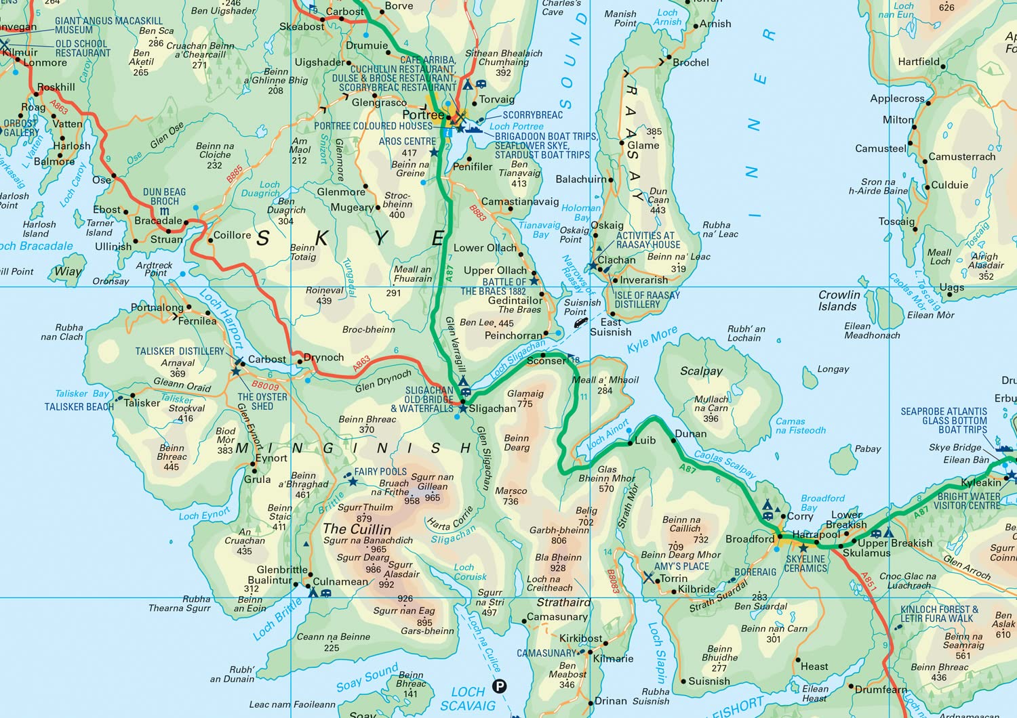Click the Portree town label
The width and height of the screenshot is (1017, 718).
point(423,114)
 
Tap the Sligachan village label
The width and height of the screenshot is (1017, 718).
point(492,408)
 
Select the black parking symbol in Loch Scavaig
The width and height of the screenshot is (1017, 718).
point(499,686)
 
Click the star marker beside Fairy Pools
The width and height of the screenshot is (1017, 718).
point(353,481)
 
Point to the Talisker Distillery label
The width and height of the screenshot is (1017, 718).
point(180,351)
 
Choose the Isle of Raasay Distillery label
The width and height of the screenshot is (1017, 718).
point(647,299)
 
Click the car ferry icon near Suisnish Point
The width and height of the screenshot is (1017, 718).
point(580,323)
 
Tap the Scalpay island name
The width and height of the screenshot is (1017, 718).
point(701,371)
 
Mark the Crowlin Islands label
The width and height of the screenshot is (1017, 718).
point(839,300)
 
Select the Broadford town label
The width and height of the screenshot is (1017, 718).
point(750,539)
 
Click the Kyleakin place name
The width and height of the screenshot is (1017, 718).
point(981,482)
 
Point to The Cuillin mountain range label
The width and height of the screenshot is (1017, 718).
point(357,528)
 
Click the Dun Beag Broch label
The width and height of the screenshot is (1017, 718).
point(164,196)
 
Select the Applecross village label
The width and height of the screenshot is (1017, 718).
point(897,98)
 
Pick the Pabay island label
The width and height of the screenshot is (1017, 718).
point(868,448)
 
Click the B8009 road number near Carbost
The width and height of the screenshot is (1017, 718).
point(265,385)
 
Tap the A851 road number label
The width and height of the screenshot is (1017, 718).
point(869,582)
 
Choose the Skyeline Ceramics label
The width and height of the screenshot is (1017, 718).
point(805,564)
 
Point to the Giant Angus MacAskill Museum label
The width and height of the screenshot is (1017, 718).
point(108,26)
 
